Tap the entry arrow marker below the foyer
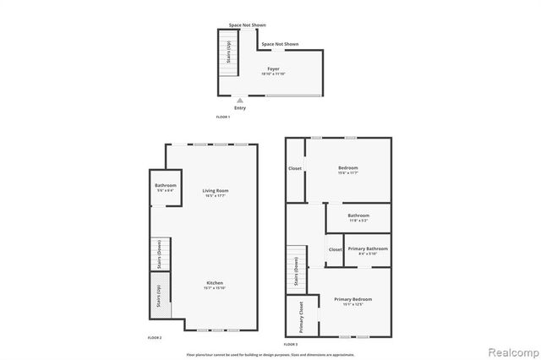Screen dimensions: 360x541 click(240, 100)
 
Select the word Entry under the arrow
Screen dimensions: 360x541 click(240, 108)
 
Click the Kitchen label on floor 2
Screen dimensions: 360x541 click(215, 286)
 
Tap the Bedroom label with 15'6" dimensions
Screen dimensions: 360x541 click(347, 170)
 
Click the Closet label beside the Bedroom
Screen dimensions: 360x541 click(295, 168)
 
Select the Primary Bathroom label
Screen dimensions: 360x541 click(368, 250)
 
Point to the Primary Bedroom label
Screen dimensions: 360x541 click(352, 302)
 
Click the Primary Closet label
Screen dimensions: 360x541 click(303, 314)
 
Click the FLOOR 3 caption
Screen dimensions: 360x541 click(291, 344)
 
